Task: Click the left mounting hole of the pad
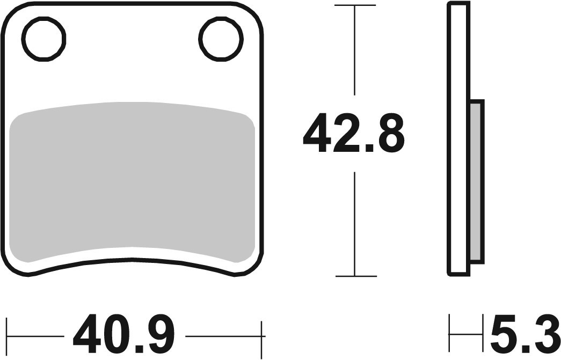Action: [x=43, y=39]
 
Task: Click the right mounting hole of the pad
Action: [x=221, y=39]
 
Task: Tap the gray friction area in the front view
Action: [x=132, y=182]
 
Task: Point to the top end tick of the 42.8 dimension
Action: [x=355, y=5]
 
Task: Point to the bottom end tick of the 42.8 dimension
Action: [x=355, y=276]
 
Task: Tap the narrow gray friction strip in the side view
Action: [x=477, y=181]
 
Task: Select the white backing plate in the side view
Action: [x=458, y=139]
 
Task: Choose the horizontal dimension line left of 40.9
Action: [x=35, y=336]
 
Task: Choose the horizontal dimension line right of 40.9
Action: [x=223, y=336]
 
